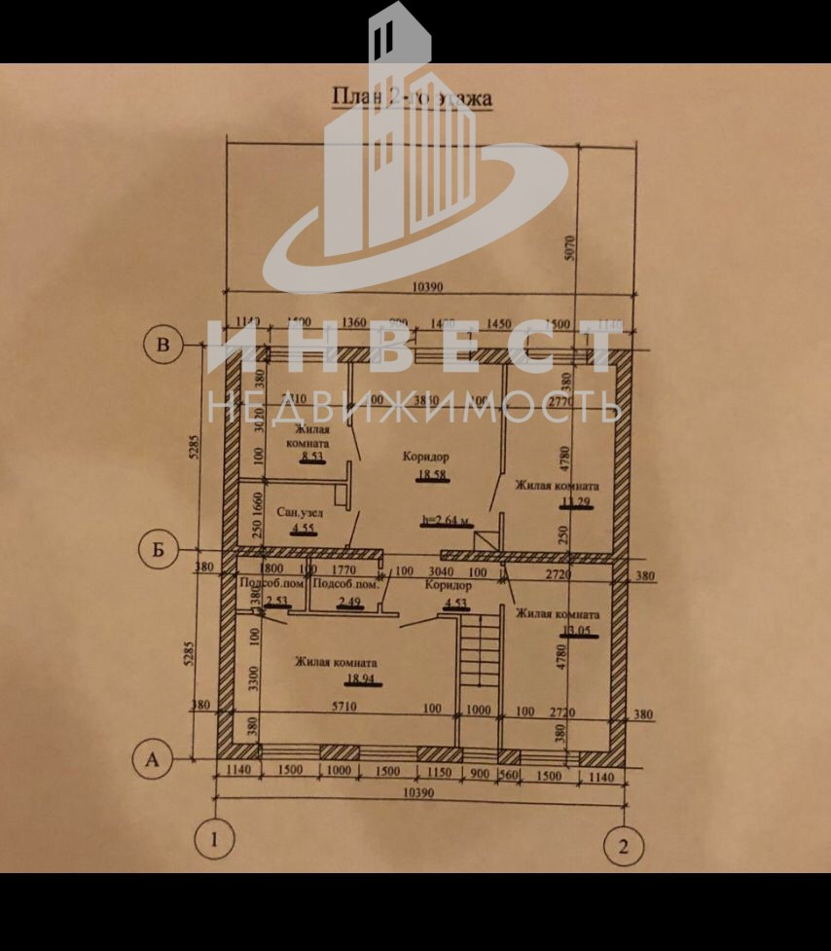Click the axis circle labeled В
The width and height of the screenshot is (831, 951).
click(x=163, y=346)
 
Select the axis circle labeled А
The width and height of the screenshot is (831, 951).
click(x=151, y=759)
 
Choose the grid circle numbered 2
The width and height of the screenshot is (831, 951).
click(x=623, y=845)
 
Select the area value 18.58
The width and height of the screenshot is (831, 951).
click(x=430, y=476)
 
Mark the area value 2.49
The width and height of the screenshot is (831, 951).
click(x=348, y=604)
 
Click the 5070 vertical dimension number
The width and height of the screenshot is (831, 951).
click(x=571, y=251)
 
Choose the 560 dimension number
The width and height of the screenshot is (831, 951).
click(x=508, y=776)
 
